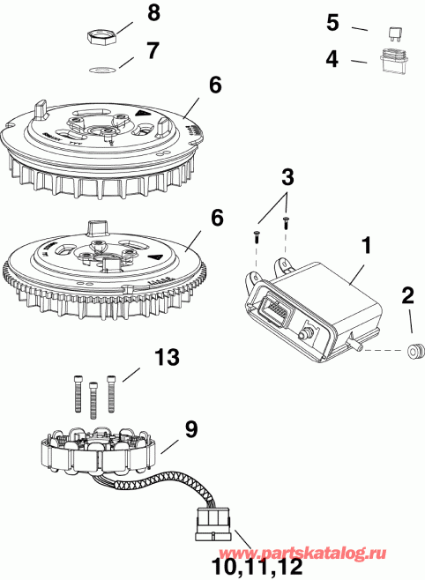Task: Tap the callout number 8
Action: coord(154,14)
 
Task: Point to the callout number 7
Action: coord(153,50)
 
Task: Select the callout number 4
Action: coord(332,61)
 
